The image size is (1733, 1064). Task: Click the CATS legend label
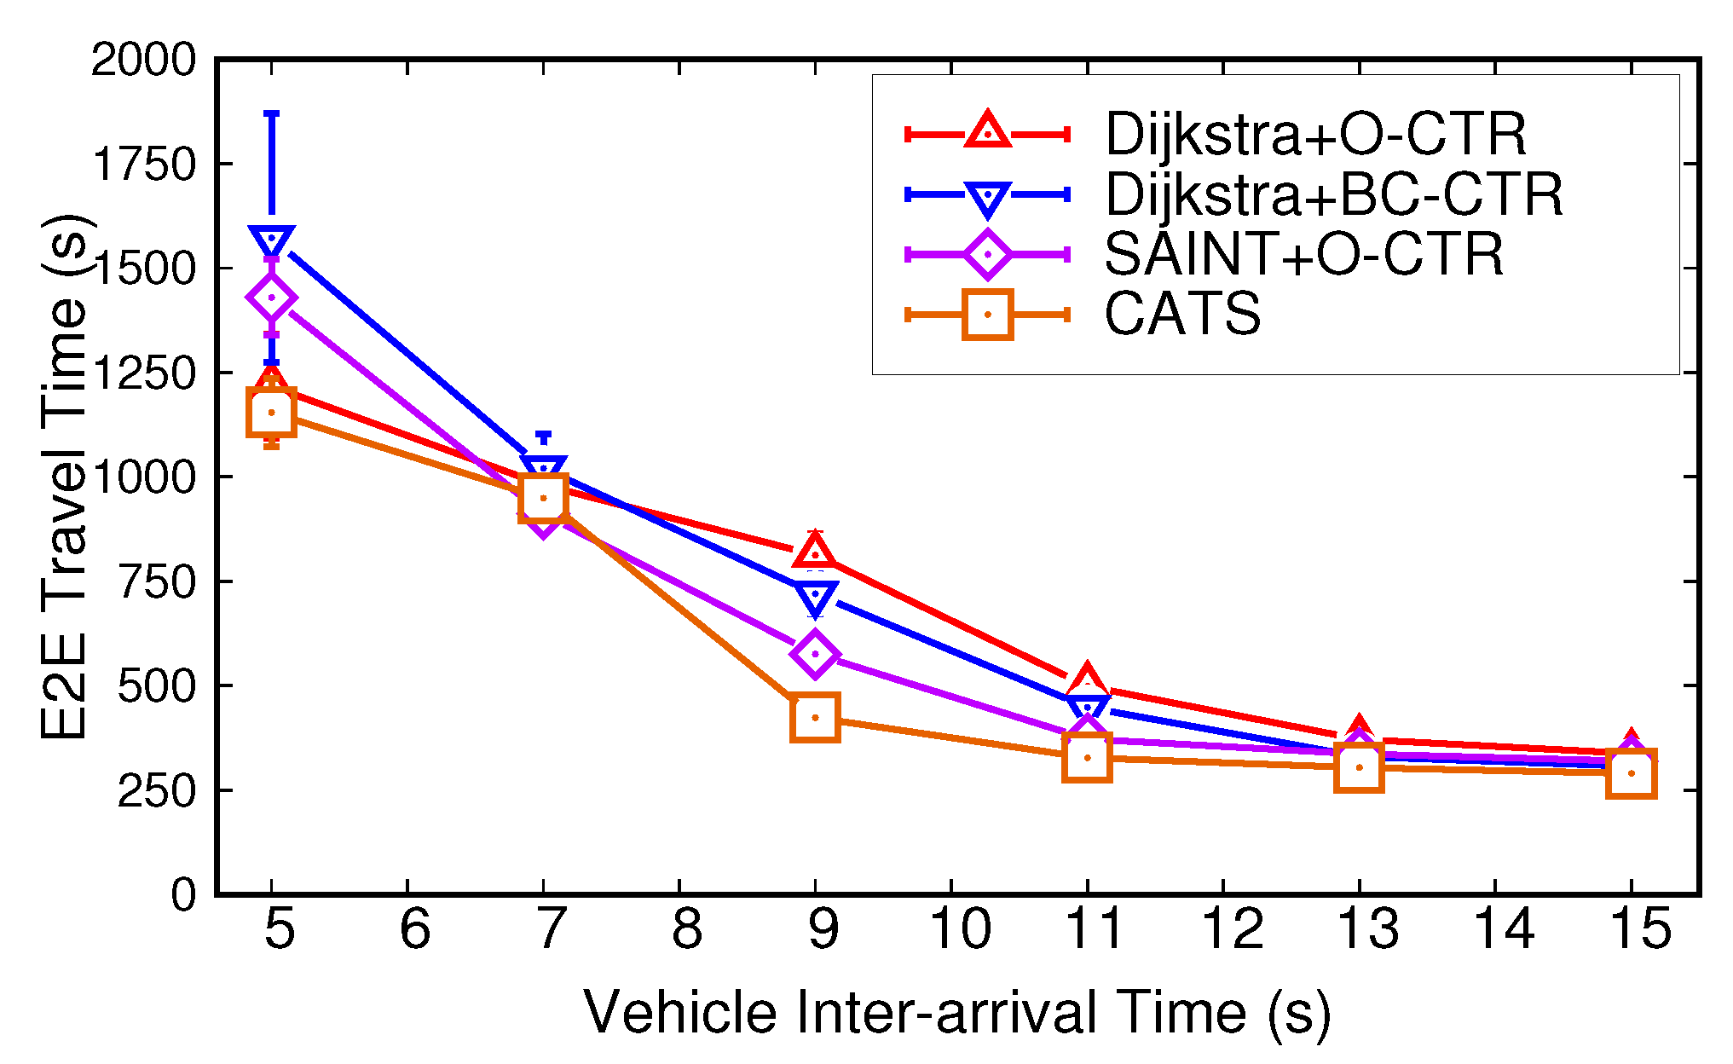coord(1182,314)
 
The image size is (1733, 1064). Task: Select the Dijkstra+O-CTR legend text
coord(1315,134)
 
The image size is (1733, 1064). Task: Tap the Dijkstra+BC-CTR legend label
coord(1334,194)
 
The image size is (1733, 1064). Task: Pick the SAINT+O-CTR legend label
coord(1303,254)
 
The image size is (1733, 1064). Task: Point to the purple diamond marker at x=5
coord(271,298)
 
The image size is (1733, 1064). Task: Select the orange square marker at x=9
coord(815,717)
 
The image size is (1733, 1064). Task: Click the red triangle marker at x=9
coord(815,550)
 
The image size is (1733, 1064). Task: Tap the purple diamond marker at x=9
coord(815,654)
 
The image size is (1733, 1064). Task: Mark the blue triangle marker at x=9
coord(815,598)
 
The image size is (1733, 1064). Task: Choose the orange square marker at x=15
coord(1631,774)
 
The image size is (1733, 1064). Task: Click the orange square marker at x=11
coord(1087,757)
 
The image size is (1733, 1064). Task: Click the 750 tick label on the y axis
coord(157,581)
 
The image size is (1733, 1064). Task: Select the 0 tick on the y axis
coord(183,894)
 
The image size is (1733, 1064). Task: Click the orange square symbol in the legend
coord(987,315)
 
